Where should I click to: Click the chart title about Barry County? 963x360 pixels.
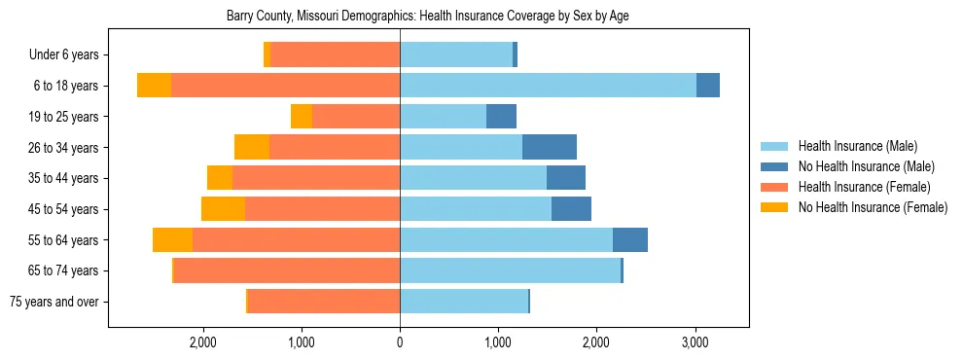(x=428, y=17)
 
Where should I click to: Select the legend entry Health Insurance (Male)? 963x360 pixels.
(x=857, y=146)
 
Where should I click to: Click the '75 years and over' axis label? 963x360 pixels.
(x=53, y=302)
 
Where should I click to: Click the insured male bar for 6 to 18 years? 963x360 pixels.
(x=548, y=86)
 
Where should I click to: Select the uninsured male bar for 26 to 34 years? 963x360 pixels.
(x=550, y=147)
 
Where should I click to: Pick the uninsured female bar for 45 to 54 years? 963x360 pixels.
(x=223, y=209)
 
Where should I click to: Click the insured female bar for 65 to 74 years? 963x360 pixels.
(x=287, y=270)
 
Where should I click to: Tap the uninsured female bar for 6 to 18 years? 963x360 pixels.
(x=154, y=86)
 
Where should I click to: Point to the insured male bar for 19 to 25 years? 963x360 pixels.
(x=443, y=117)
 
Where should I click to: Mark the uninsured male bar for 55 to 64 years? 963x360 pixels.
(x=630, y=239)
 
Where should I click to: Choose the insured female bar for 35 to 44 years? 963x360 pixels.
(x=316, y=178)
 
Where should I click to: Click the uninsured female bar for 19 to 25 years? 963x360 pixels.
(x=302, y=117)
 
